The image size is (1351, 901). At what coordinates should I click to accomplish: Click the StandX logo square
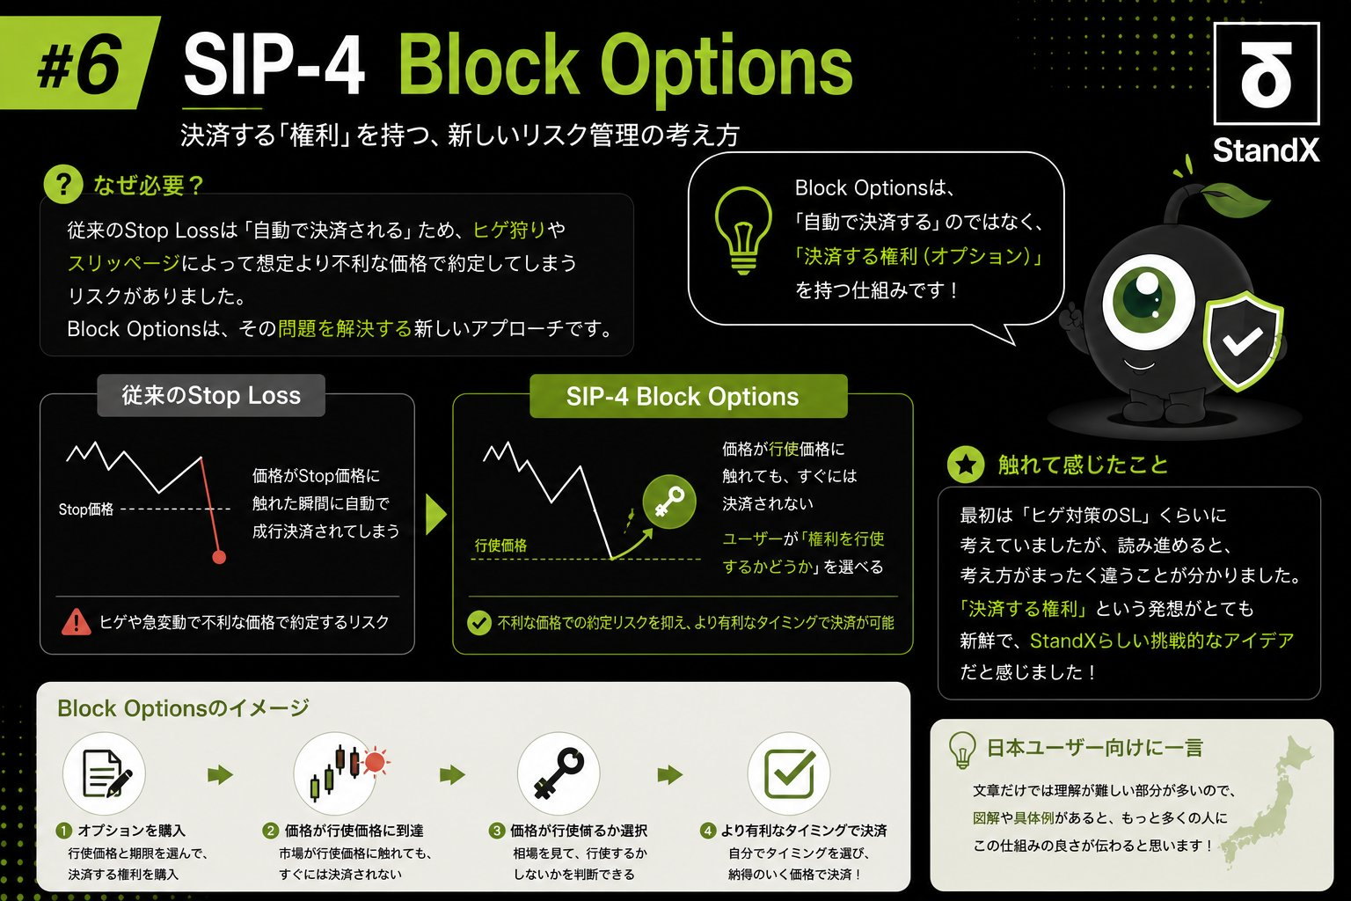point(1266,74)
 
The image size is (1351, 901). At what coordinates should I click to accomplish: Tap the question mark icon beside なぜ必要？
point(62,184)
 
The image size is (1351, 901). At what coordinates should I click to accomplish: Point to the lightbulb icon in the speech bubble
point(743,230)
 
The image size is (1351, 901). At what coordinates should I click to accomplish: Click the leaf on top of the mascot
point(1234,198)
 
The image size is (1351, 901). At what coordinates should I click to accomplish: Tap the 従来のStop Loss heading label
point(211,395)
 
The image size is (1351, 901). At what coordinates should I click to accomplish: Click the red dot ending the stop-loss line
point(219,557)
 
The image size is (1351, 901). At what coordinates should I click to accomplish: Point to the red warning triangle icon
point(76,622)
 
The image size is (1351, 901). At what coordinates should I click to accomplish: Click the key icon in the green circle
point(668,502)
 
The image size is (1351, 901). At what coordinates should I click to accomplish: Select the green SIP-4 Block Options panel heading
point(688,396)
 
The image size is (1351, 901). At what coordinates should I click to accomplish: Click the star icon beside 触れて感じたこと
point(966,464)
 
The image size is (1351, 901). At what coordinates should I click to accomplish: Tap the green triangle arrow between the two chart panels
point(435,515)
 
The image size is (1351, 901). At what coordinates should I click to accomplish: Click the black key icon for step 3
point(559,773)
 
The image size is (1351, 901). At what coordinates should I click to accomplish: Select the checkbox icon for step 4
point(790,773)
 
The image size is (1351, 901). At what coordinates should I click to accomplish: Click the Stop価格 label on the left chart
point(85,509)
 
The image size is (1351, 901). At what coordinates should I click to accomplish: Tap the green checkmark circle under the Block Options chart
point(478,623)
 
